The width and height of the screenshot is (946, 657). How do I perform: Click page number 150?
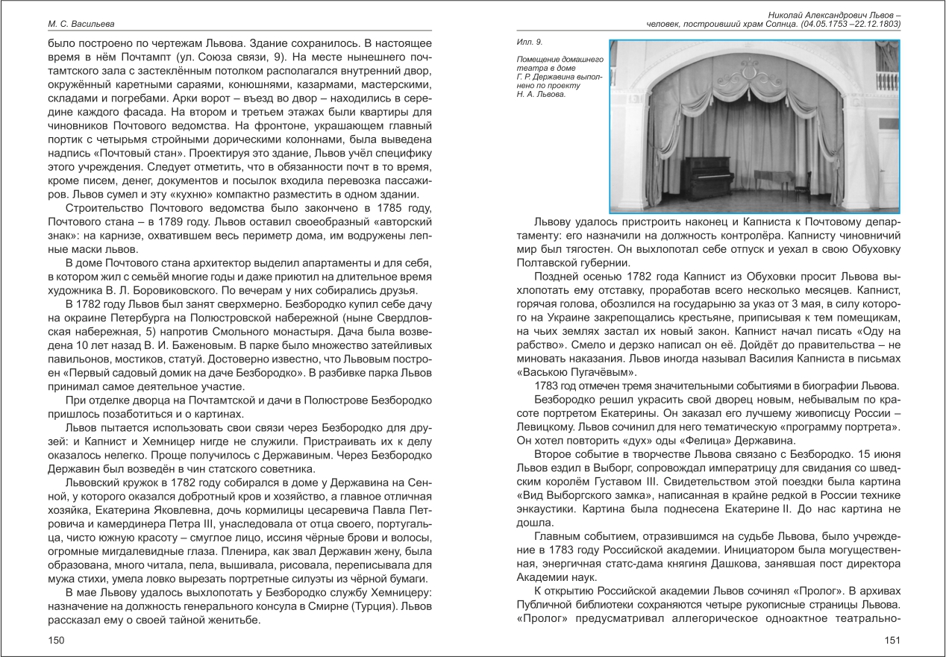[x=56, y=640]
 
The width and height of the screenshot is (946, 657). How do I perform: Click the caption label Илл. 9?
[x=526, y=43]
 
